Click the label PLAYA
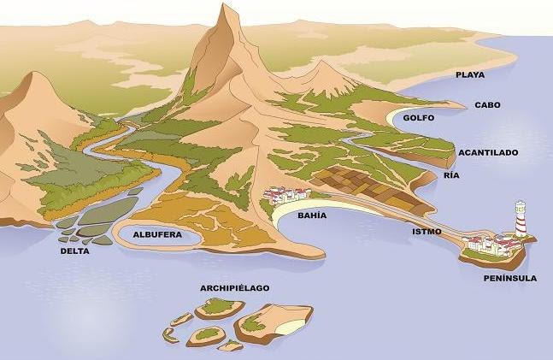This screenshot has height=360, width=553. coord(470,74)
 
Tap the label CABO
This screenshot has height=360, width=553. coord(487,105)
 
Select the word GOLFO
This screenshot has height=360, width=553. coord(419,118)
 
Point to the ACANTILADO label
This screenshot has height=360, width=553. coord(488,152)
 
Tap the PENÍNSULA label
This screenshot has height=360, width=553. coord(509,278)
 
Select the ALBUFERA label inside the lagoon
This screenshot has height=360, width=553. coord(157,233)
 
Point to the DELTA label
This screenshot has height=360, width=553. coord(74,251)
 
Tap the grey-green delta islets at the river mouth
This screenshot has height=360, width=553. coord(94,219)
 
